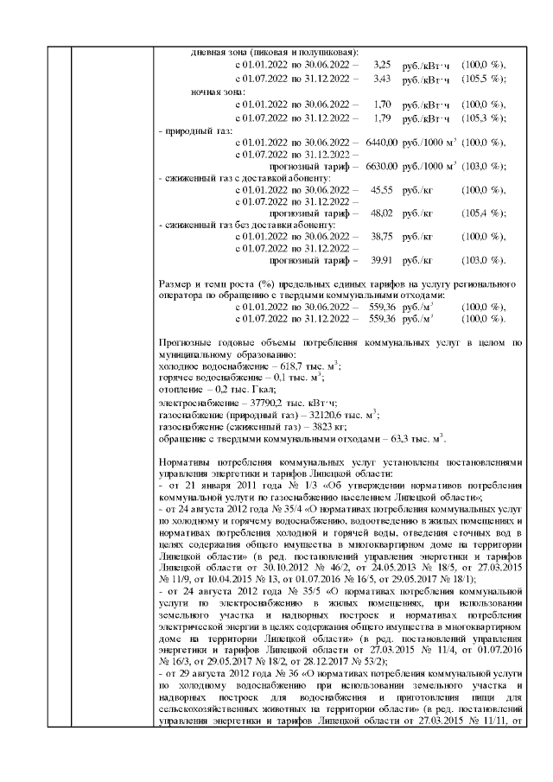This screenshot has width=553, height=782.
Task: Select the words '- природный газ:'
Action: pyautogui.click(x=194, y=130)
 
